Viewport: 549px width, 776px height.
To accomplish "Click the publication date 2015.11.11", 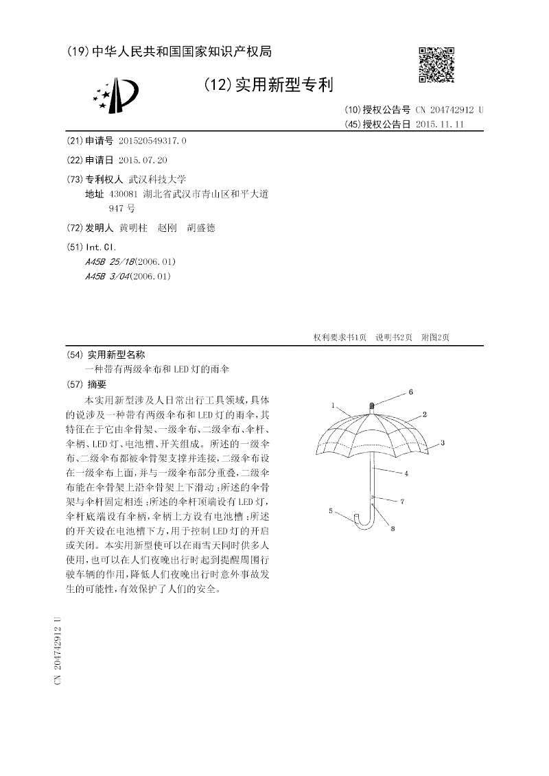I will pyautogui.click(x=440, y=124).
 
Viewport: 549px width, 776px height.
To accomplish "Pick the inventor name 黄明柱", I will pyautogui.click(x=133, y=228).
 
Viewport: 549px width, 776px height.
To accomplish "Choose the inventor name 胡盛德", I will pyautogui.click(x=201, y=228).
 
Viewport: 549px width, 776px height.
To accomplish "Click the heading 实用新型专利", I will pyautogui.click(x=284, y=85).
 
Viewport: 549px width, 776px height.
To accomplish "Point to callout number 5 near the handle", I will pyautogui.click(x=331, y=510).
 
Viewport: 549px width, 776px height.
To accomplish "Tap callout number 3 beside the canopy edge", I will pyautogui.click(x=443, y=443).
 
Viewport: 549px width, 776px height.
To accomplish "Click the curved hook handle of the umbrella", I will pyautogui.click(x=363, y=519).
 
